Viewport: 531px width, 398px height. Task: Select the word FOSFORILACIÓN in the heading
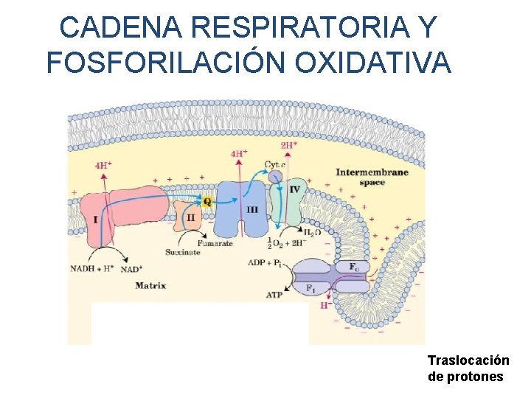tap(167, 63)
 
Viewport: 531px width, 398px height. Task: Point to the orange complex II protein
tap(189, 217)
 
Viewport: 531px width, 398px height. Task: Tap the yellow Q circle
tap(206, 201)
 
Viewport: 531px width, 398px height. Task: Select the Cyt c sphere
tap(275, 177)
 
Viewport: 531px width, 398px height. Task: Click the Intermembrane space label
tap(372, 177)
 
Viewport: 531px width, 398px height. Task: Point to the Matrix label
tap(150, 286)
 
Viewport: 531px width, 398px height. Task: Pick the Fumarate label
tap(214, 242)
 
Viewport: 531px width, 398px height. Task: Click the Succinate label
tap(182, 252)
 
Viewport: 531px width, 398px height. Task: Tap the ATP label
tap(274, 294)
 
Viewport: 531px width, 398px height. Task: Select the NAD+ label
tap(131, 269)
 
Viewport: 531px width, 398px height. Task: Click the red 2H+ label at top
tap(289, 146)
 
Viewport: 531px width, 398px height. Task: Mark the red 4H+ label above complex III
tap(239, 154)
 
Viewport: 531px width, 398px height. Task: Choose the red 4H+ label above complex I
tap(104, 165)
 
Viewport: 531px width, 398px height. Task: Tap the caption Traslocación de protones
tap(468, 369)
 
